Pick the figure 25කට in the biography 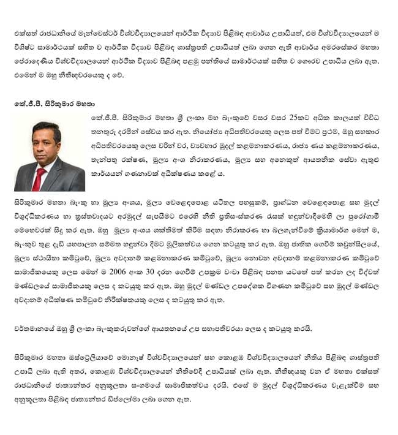pyautogui.click(x=309, y=116)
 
